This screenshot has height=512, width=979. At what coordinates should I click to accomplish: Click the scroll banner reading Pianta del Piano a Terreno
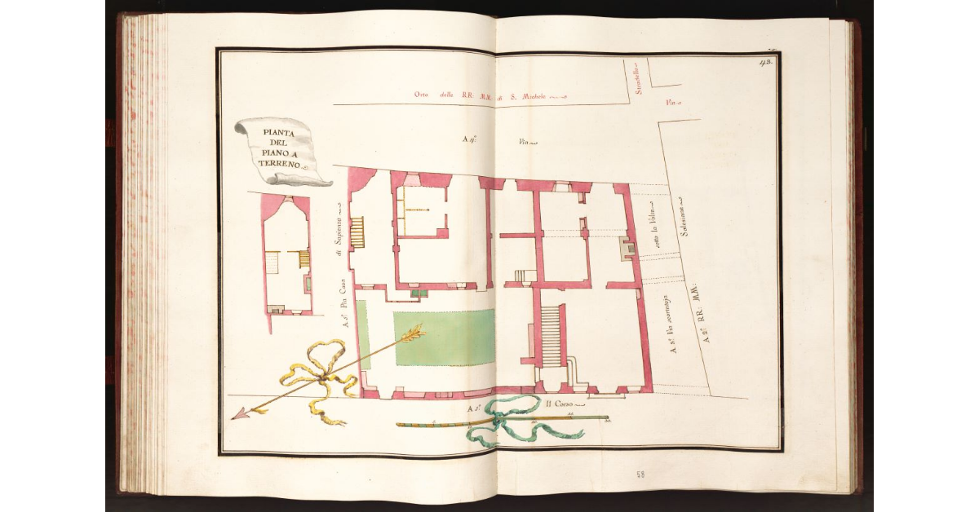[279, 150]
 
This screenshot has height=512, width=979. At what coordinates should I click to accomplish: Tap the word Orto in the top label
[421, 95]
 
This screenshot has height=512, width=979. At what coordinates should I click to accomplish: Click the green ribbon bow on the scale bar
[506, 420]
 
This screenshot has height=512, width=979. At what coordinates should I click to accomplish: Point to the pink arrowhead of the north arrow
[240, 414]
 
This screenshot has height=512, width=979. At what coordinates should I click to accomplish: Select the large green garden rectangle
[445, 338]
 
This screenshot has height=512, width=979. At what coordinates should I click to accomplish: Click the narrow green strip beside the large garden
[362, 335]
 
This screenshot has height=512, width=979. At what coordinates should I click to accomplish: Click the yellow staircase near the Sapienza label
[356, 232]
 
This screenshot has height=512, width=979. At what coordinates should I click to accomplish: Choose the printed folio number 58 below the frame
[640, 474]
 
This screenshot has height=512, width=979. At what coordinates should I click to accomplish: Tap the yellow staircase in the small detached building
[303, 258]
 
